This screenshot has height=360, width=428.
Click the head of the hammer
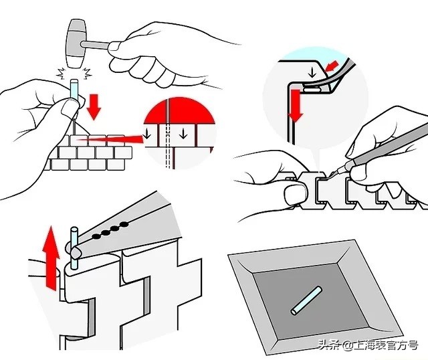[x=76, y=43]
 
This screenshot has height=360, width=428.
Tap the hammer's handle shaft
[x=96, y=45]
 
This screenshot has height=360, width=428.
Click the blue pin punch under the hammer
[x=74, y=89]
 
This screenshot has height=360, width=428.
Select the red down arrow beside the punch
[x=94, y=107]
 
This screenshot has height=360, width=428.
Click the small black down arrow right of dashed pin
[x=183, y=134]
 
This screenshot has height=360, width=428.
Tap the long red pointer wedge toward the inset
[x=109, y=139]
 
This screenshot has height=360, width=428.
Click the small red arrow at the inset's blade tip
[x=332, y=66]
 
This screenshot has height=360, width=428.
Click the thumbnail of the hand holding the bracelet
[x=294, y=194]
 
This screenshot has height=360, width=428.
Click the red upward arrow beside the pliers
[x=51, y=258]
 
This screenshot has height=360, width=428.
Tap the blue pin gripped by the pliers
[x=74, y=248]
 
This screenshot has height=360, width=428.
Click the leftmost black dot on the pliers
[x=96, y=236]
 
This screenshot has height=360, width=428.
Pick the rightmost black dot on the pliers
[x=124, y=224]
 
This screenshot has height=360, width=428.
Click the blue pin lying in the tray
[x=306, y=300]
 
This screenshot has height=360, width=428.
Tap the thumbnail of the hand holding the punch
[x=69, y=108]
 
